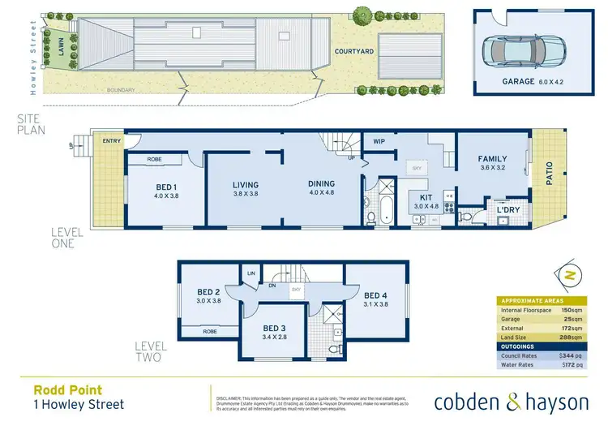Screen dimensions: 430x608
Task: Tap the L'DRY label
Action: coord(508,210)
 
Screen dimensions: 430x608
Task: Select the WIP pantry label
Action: coord(379,142)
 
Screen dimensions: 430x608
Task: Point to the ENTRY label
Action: coord(111,140)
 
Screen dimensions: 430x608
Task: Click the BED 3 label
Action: coord(273,332)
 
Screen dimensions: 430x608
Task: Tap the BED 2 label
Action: coord(208,297)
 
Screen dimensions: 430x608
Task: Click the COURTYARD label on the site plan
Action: coord(354,51)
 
